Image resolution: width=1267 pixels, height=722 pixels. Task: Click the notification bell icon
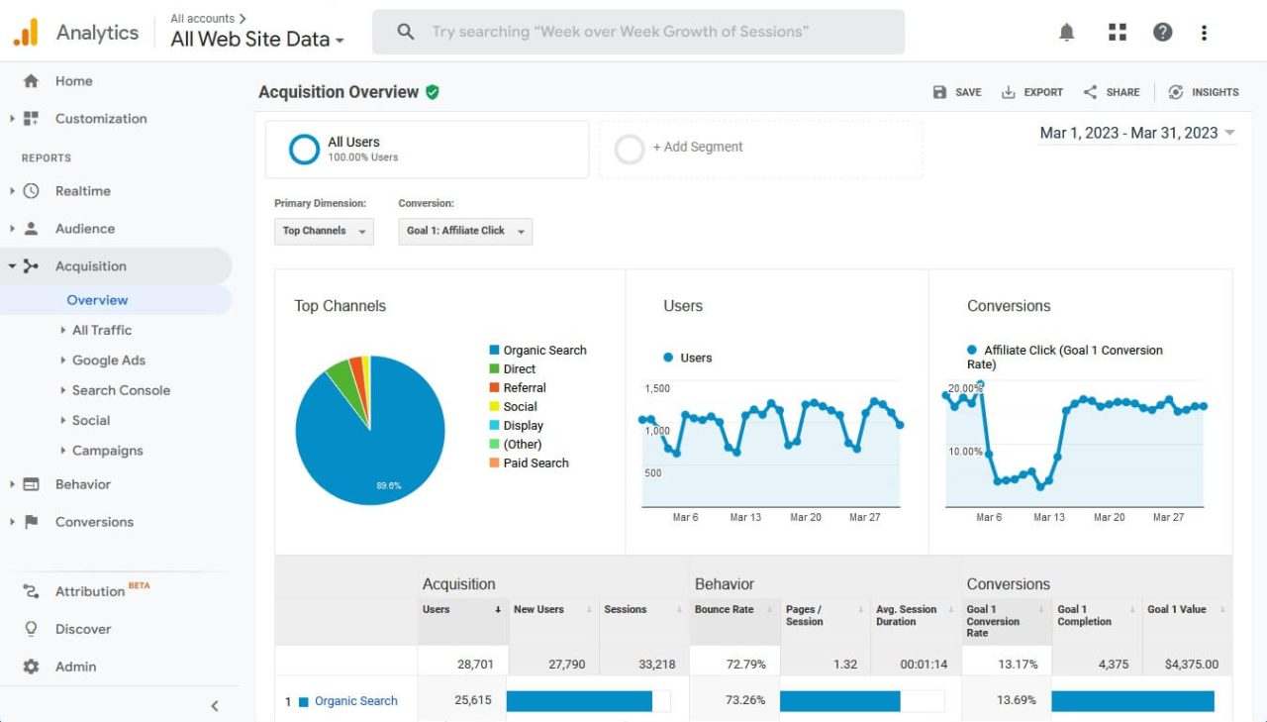[1066, 33]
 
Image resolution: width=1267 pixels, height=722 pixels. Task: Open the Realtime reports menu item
[82, 191]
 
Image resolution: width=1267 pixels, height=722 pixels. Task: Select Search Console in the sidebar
[121, 390]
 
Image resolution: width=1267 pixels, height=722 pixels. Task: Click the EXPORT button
[1032, 92]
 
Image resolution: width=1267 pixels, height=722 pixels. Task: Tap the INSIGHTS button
[1204, 92]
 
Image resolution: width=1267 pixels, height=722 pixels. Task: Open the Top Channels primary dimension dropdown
[324, 231]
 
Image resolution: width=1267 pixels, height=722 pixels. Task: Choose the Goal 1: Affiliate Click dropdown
[465, 231]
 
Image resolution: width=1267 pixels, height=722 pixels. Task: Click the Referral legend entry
[524, 388]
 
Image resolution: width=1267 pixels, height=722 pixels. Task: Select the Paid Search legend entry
[536, 464]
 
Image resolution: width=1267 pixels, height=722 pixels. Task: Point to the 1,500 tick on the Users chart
[657, 389]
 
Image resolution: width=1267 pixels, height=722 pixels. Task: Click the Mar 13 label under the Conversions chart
[1049, 517]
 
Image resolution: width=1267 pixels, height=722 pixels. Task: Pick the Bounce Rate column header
[724, 610]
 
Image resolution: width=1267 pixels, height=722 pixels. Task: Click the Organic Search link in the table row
[355, 701]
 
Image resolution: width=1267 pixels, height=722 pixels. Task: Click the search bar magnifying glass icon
[405, 32]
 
